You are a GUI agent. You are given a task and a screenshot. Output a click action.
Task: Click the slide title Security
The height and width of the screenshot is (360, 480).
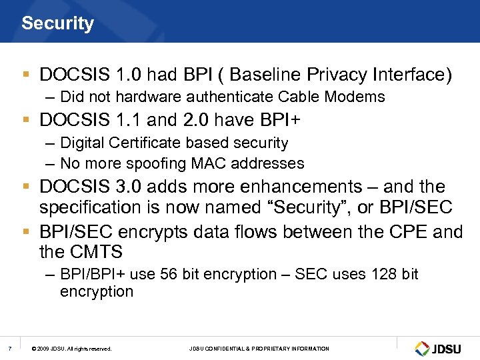coord(57,23)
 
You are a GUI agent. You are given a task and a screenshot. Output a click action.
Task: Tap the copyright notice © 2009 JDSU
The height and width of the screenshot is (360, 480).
coord(71,349)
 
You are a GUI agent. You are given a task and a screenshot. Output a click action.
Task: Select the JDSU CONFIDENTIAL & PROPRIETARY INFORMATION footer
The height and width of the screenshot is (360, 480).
coord(259,349)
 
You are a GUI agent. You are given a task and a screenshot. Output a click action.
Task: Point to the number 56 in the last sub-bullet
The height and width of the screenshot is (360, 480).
coord(169,275)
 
